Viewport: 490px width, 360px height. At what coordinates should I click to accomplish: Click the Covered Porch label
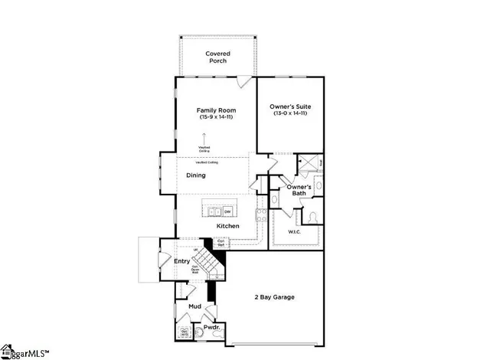[217, 57]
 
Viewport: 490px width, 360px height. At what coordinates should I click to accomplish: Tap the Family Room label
[214, 110]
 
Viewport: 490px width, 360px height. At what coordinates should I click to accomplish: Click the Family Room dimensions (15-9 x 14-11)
[214, 117]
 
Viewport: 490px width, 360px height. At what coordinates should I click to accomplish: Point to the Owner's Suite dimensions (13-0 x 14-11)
[289, 113]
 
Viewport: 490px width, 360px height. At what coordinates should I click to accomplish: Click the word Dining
[196, 175]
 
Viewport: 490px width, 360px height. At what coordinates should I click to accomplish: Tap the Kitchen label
[227, 226]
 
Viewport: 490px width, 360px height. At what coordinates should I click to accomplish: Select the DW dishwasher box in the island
[227, 211]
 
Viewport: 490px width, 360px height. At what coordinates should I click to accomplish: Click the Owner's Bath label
[299, 191]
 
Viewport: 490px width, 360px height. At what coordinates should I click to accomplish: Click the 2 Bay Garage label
[274, 297]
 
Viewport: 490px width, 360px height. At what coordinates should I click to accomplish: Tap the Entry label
[181, 262]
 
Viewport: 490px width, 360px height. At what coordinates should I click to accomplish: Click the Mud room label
[194, 306]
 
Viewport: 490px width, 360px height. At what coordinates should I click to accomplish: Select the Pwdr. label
[210, 326]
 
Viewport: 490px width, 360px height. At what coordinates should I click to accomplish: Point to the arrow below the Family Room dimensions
[204, 139]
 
